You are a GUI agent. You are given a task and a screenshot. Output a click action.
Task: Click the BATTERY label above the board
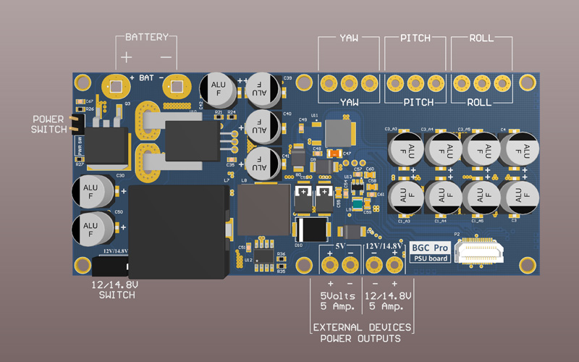(146, 37)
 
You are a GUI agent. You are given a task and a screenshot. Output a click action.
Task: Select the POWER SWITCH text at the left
(48, 124)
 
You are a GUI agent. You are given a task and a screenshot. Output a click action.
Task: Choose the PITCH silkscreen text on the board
(416, 102)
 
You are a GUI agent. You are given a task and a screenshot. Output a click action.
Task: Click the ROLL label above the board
(483, 38)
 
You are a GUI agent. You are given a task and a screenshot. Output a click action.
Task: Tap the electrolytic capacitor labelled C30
(92, 193)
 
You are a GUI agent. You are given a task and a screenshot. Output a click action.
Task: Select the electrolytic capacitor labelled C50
(92, 228)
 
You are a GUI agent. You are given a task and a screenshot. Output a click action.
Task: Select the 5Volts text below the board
(339, 297)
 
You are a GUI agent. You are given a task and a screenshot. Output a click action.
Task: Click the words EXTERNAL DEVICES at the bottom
(363, 328)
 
